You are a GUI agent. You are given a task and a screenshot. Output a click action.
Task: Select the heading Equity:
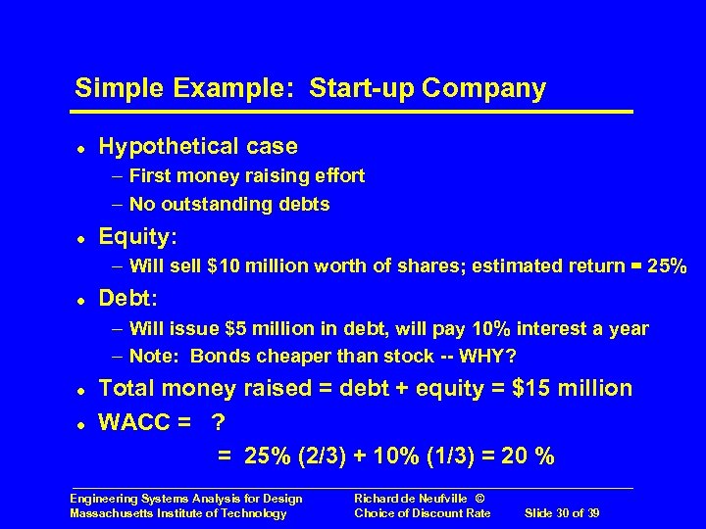[138, 237]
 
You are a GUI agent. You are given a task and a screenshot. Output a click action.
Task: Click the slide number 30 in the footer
[562, 513]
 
